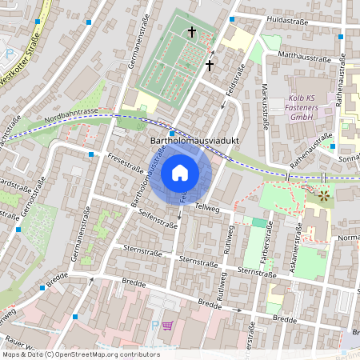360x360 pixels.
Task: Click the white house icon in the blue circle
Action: [x=180, y=172]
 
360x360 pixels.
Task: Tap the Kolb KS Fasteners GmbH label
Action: [x=300, y=108]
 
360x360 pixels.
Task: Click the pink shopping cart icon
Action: [x=167, y=326]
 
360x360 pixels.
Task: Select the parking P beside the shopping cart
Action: [x=154, y=326]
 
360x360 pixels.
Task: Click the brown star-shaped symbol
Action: [x=323, y=194]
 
